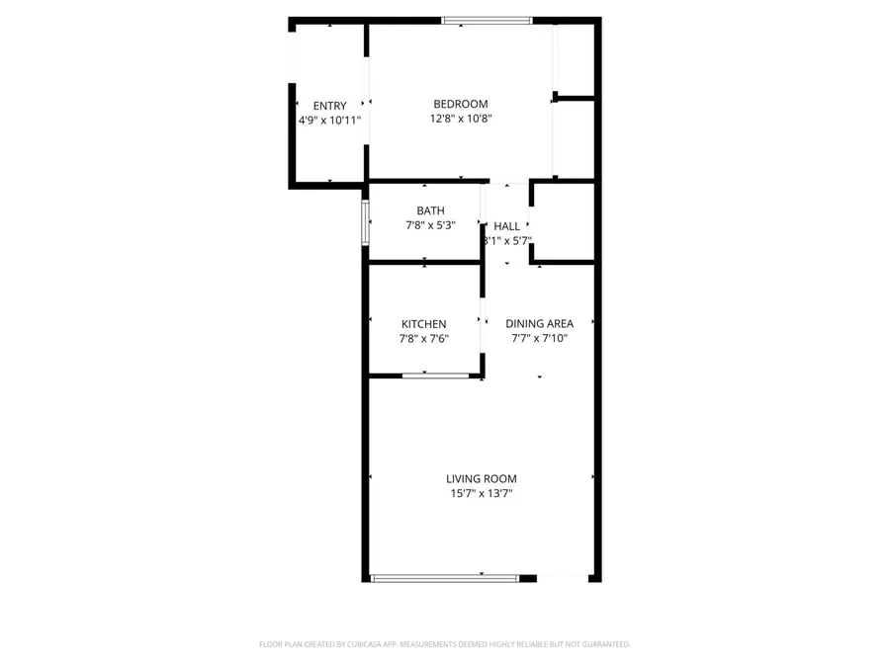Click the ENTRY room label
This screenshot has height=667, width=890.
pos(329,106)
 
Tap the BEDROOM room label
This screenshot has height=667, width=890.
pos(461,104)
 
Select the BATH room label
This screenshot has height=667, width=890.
pos(430,210)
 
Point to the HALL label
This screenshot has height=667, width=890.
pos(506,226)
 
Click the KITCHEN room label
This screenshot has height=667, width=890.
pos(423,324)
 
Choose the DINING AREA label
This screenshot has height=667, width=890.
pos(539,323)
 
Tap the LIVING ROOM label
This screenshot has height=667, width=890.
pos(481,479)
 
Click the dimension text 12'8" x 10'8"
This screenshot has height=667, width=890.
pos(461,119)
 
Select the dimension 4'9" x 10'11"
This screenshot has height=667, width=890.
pos(329,120)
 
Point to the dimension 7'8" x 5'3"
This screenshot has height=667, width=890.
pos(430,225)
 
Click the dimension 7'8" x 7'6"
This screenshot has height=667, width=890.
pos(423,339)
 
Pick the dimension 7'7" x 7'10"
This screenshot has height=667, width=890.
pos(539,338)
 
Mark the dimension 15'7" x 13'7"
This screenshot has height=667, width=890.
pos(481,494)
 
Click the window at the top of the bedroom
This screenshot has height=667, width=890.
pos(487,20)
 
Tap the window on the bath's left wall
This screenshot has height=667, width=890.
pos(366,221)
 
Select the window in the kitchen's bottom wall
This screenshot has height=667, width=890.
pos(435,375)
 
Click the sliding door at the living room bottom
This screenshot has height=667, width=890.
pos(444,578)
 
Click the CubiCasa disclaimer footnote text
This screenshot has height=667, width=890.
pos(444,644)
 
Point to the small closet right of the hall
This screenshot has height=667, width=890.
pos(564,222)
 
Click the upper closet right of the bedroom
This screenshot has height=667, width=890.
pos(575,59)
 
